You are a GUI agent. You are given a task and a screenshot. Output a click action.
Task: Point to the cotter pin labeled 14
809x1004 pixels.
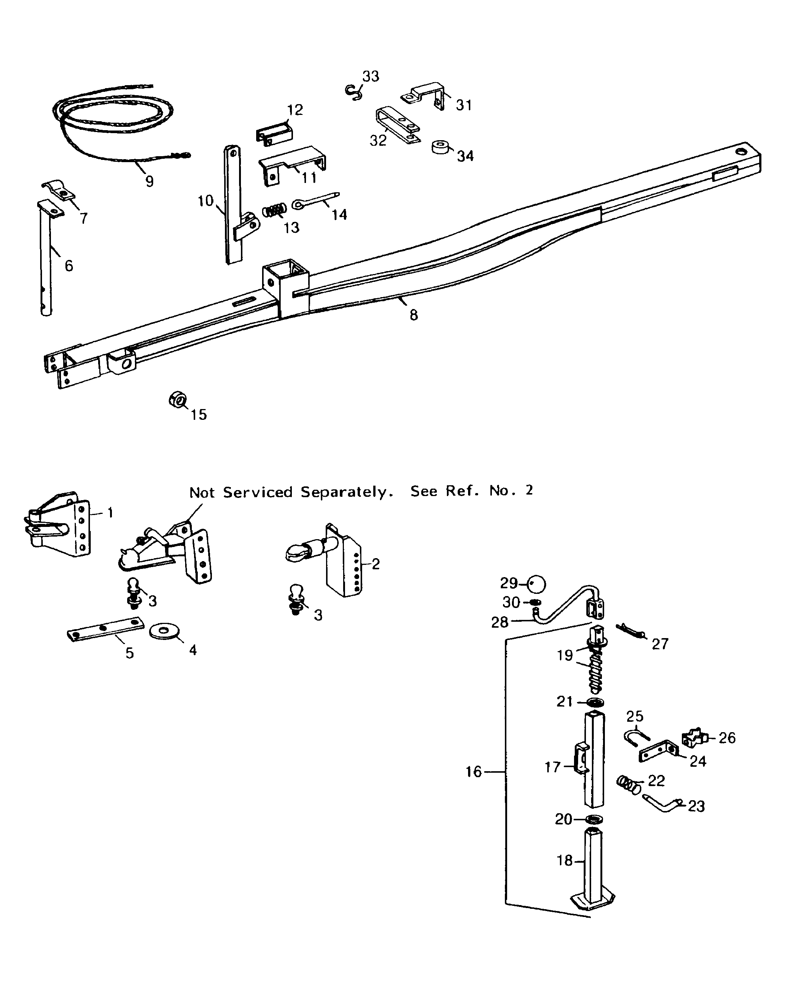[x=315, y=200]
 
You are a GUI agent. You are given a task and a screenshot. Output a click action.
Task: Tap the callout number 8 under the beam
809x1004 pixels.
[x=413, y=316]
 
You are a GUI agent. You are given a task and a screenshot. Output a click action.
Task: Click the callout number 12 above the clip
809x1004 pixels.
[x=295, y=110]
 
